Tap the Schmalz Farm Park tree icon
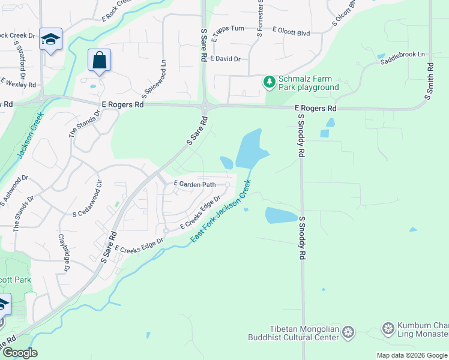coord(270,81)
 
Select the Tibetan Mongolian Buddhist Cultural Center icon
coord(348,332)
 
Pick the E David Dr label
coord(226,59)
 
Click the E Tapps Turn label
coord(228,29)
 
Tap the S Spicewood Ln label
coord(154,79)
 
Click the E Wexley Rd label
coord(19,82)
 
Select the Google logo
coord(19,353)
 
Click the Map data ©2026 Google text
coord(412,355)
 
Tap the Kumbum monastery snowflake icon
coord(388,328)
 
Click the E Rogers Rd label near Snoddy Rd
coord(316,109)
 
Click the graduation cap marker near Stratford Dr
coord(51,40)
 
